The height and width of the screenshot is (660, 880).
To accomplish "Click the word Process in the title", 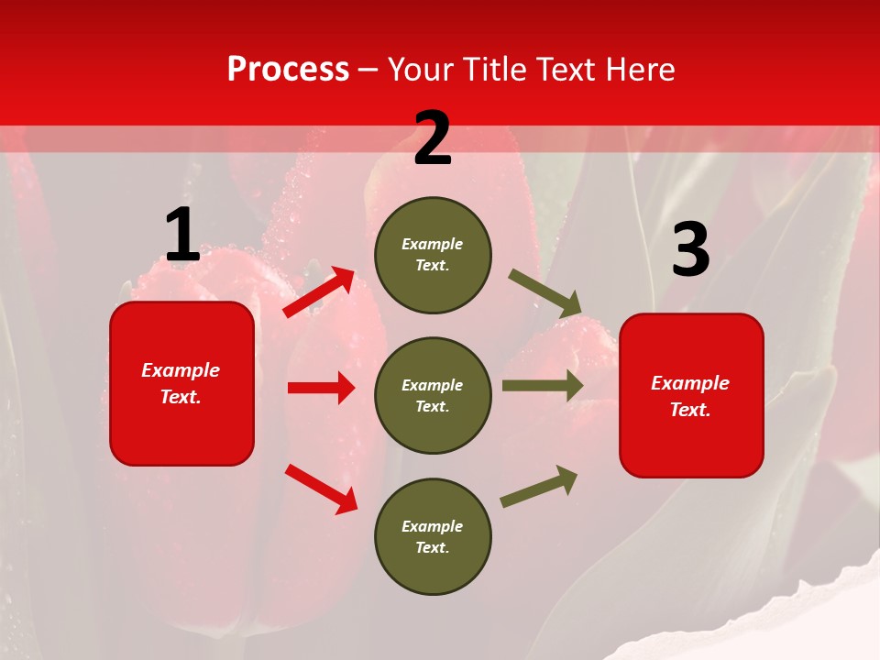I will [x=288, y=70].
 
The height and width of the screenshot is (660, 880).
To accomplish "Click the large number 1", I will [x=181, y=236].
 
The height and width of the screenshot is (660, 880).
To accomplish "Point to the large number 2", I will [x=433, y=139].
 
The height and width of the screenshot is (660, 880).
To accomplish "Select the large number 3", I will [x=690, y=250].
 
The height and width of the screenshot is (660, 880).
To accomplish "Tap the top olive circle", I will [x=433, y=255].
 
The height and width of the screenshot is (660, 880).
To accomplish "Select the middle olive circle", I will [x=433, y=395].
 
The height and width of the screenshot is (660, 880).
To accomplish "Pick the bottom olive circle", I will [x=433, y=536].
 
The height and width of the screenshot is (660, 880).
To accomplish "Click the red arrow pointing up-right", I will [x=319, y=292].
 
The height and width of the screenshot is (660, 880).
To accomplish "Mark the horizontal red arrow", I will [x=321, y=388].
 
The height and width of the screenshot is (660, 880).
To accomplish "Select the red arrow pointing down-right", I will [x=322, y=489].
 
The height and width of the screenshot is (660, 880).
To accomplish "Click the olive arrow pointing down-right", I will [x=545, y=293].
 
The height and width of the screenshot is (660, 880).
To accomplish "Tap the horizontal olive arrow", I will [x=543, y=385].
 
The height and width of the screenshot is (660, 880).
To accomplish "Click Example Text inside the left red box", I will [x=181, y=383].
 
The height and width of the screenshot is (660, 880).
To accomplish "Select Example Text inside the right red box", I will [x=690, y=396].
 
